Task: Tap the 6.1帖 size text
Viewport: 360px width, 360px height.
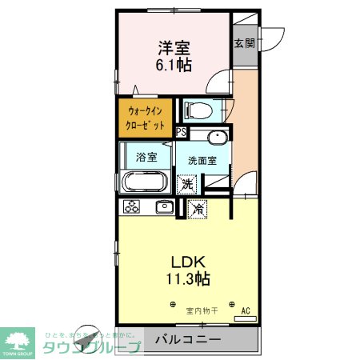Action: click(174, 66)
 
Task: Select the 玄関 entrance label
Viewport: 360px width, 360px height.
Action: click(244, 42)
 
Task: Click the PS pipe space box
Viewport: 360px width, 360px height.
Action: click(182, 132)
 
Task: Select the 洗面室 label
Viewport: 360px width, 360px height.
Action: click(202, 160)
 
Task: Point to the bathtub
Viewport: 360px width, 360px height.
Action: click(145, 181)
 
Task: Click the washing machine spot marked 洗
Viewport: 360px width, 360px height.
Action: click(186, 184)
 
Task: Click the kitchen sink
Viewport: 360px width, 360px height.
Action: click(164, 207)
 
